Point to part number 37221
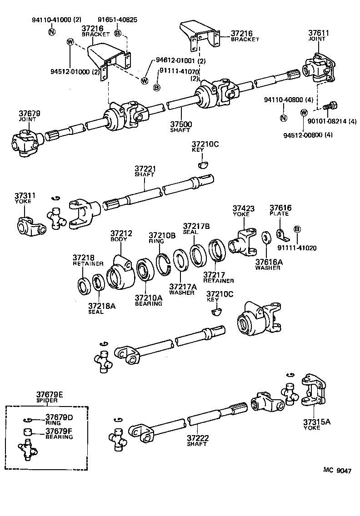(x=145, y=169)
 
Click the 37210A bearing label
(x=148, y=298)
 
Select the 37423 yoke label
(x=244, y=208)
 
